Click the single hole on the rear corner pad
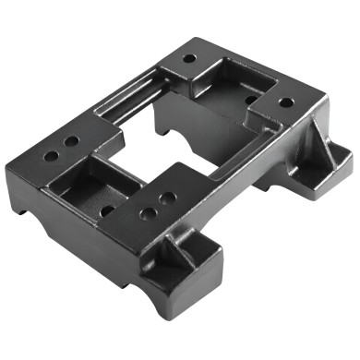188,58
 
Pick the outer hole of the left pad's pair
49,156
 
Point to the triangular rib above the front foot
180,242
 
